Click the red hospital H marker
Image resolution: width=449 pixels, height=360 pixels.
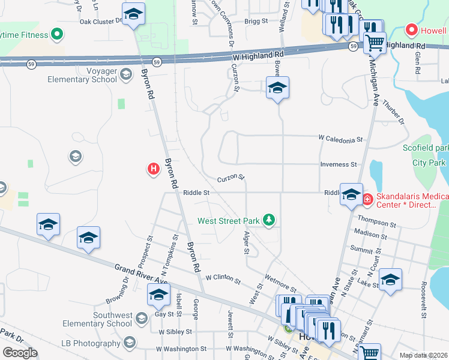pos(153,170)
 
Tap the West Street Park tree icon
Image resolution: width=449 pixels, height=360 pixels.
pos(270,221)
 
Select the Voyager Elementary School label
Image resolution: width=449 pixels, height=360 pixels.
pos(89,74)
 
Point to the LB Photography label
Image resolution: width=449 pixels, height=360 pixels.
pos(91,343)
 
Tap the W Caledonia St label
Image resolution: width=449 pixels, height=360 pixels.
pos(340,139)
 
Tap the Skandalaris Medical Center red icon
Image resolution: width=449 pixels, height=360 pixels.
pos(366,199)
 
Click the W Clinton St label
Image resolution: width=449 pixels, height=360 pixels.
pos(223,278)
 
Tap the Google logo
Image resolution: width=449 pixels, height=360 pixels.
pos(20,353)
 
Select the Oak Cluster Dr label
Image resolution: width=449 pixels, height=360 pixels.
pos(100,21)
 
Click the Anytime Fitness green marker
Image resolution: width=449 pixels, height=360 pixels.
pos(58,35)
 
